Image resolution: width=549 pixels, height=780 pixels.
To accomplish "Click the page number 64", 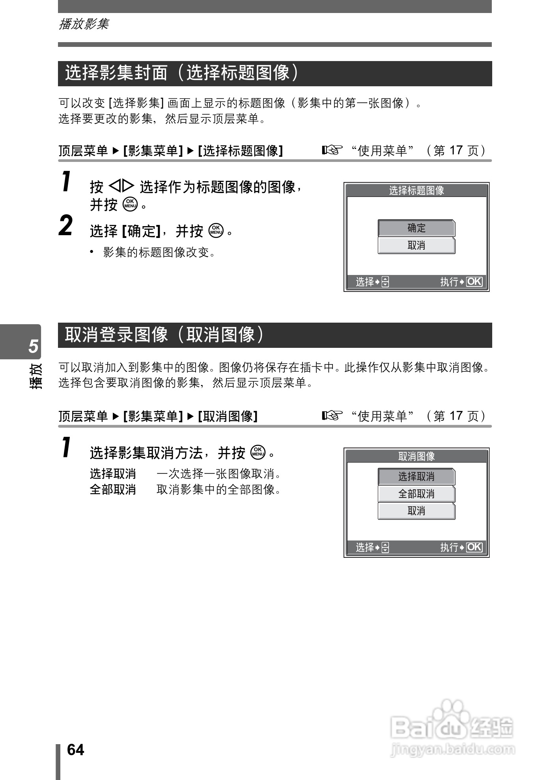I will click(75, 750).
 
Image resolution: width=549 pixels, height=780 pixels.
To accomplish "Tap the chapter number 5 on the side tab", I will click(34, 345).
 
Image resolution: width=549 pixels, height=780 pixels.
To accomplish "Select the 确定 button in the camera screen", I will click(416, 228).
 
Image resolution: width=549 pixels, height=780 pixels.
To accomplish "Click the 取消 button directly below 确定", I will click(416, 245).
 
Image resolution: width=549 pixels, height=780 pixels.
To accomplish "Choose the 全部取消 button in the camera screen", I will click(416, 494).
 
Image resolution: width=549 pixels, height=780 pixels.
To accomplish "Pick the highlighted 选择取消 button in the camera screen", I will click(416, 477).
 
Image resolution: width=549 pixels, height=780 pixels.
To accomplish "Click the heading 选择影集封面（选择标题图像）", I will click(182, 73).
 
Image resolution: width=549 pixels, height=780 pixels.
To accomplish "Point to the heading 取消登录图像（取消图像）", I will click(164, 335).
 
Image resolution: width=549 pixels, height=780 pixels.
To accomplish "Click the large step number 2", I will click(66, 226).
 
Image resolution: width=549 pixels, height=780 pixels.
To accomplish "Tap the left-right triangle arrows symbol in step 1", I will click(121, 186).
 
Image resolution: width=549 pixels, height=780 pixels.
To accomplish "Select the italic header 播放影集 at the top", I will click(84, 24).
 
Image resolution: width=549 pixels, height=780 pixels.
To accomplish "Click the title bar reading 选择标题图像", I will click(416, 191).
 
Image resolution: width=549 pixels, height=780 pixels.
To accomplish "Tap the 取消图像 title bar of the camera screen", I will click(416, 456).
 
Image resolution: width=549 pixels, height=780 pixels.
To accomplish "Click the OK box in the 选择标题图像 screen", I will click(474, 282).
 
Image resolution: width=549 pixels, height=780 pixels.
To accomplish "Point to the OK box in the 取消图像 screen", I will click(474, 547).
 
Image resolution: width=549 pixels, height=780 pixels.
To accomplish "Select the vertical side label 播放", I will click(35, 376).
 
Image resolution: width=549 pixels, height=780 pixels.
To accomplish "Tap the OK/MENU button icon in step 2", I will click(216, 230).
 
